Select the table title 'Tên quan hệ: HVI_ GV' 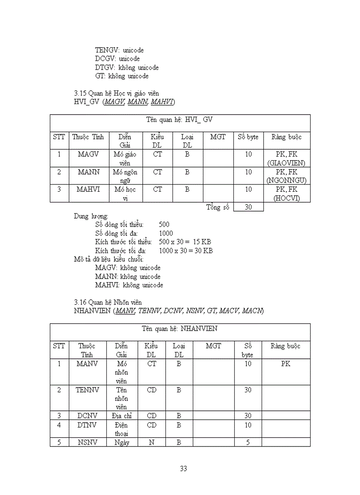click(x=180, y=119)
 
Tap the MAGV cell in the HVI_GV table click(x=88, y=154)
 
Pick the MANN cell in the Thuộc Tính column click(x=88, y=172)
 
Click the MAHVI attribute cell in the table click(x=88, y=190)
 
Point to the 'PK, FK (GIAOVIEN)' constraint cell click(x=286, y=158)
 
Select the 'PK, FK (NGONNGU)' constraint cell click(x=286, y=176)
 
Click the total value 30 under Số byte click(x=248, y=207)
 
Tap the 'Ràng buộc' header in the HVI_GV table click(x=286, y=137)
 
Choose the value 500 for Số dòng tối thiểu click(x=164, y=224)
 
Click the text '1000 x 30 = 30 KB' click(x=186, y=250)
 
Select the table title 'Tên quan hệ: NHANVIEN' click(x=180, y=329)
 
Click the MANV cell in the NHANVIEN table click(x=87, y=364)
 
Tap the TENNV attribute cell click(x=87, y=390)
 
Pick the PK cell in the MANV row click(x=285, y=364)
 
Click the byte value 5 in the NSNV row click(x=248, y=442)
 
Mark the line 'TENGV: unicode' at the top click(x=119, y=50)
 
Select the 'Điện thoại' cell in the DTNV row click(x=121, y=429)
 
